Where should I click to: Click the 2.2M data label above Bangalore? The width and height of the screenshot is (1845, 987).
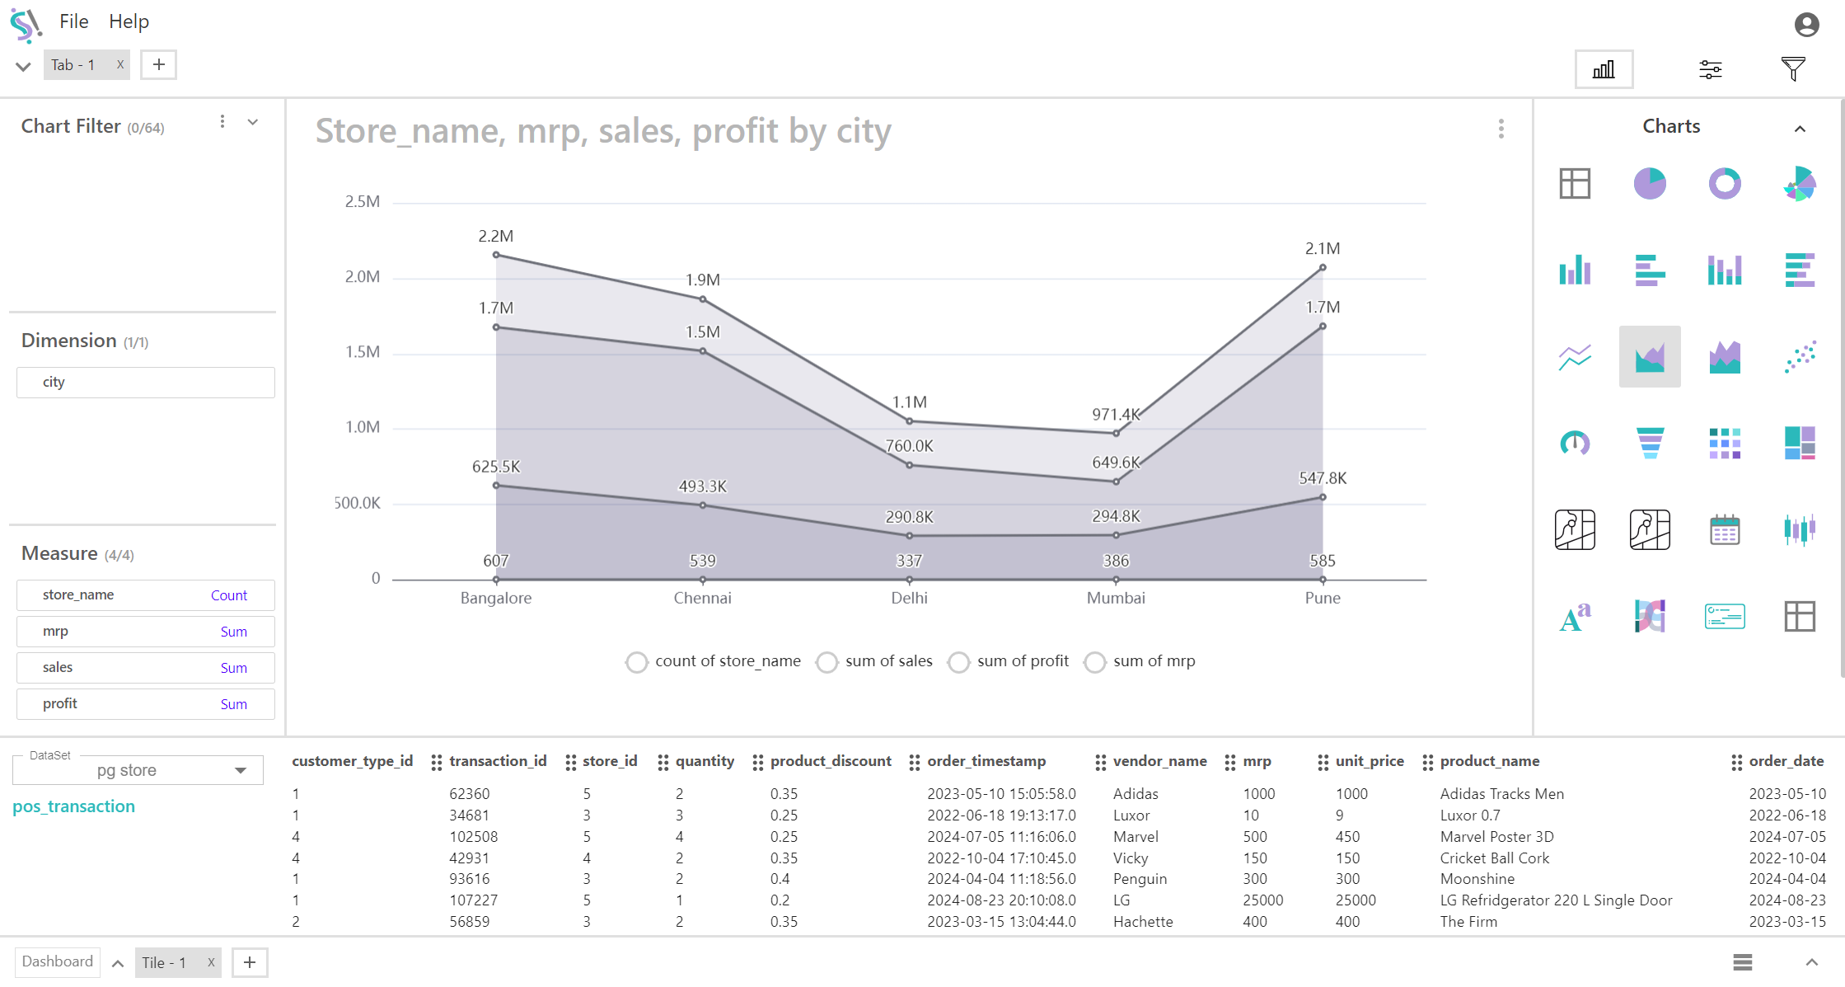point(495,236)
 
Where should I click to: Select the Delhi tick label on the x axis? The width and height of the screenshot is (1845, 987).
point(909,598)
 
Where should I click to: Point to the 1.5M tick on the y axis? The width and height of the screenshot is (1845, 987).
point(362,352)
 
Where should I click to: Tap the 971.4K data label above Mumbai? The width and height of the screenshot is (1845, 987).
point(1116,414)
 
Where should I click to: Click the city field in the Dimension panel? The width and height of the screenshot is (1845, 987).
point(146,383)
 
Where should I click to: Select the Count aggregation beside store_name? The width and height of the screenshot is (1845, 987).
point(228,595)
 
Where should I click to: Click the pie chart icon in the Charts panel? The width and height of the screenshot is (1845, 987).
point(1649,183)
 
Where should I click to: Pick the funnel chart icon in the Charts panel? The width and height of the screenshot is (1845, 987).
point(1649,443)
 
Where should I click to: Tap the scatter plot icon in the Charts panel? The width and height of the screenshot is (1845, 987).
point(1800,356)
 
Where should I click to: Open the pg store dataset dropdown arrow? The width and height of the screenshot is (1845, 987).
point(241,770)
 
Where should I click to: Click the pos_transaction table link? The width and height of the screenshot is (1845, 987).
point(73,806)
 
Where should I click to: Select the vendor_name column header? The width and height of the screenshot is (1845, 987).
point(1159,761)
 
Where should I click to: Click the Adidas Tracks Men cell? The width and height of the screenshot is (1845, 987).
point(1501,794)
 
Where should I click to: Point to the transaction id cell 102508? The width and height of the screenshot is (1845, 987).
point(473,837)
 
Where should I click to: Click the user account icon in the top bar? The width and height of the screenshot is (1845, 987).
point(1806,25)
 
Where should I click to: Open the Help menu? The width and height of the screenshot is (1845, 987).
point(129,21)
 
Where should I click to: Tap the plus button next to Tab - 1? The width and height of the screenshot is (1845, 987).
point(159,64)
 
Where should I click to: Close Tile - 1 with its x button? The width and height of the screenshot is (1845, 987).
point(211,962)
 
